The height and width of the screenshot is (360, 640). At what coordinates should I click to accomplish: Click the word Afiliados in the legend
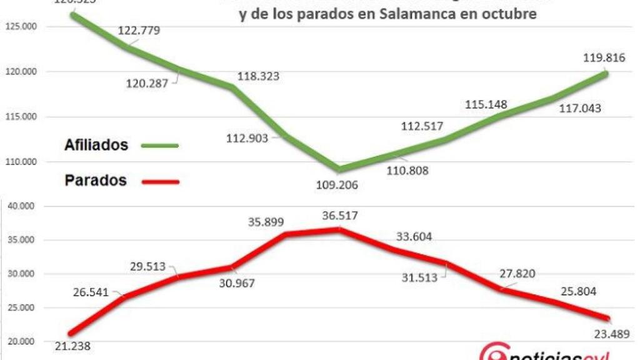[x=96, y=145]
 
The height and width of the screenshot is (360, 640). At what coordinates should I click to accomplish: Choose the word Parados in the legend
[x=96, y=181]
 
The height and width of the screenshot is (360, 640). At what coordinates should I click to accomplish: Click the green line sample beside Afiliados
[x=160, y=146]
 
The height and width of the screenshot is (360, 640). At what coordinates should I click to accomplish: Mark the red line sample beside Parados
[x=161, y=182]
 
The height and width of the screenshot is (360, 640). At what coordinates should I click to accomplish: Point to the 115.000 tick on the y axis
[x=21, y=117]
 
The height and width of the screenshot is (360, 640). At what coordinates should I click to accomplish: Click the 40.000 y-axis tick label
[x=21, y=206]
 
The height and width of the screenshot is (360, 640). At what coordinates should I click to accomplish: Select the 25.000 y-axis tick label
[x=21, y=308]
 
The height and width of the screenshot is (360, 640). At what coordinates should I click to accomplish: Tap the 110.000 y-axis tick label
[x=21, y=162]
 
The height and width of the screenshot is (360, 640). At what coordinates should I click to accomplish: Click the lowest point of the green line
[x=338, y=169]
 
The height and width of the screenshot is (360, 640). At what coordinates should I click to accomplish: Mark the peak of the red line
[x=338, y=229]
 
